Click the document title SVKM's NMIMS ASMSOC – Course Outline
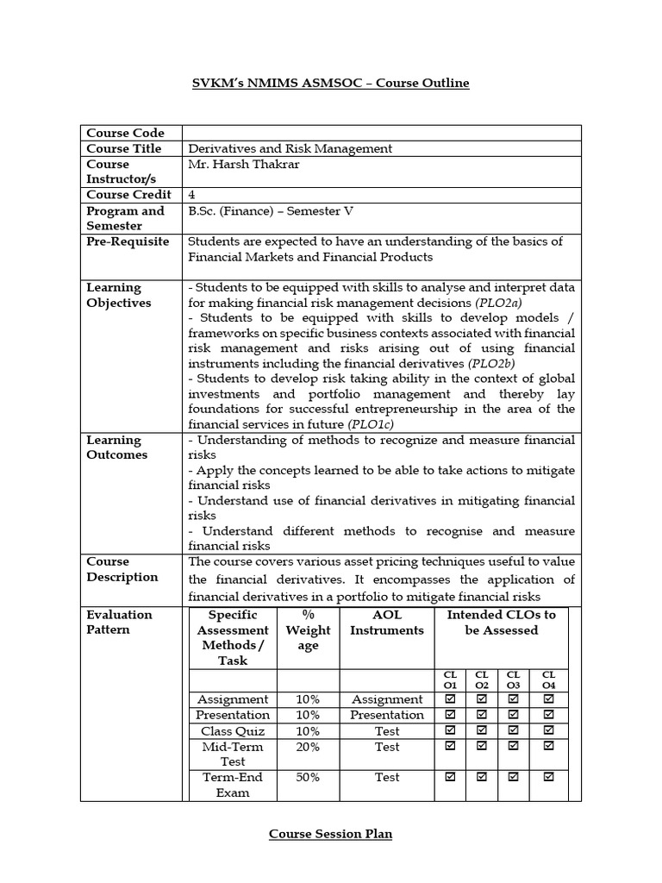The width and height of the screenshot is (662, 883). (330, 83)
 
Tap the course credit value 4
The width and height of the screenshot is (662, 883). (191, 195)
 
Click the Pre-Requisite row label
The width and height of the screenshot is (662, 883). (127, 241)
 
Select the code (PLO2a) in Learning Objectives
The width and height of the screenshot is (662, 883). (498, 304)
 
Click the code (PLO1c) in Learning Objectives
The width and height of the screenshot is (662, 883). (374, 424)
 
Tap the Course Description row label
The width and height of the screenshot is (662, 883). (122, 569)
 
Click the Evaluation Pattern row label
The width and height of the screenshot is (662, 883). (119, 622)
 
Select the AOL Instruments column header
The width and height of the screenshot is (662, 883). (387, 623)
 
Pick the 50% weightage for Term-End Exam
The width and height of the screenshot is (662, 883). (308, 777)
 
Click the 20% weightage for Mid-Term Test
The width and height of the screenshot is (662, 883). (308, 747)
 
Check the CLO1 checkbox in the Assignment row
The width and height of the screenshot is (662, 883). (450, 699)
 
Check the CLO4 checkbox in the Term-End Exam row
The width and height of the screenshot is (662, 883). (548, 777)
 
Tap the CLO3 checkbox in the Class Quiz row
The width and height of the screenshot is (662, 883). (513, 731)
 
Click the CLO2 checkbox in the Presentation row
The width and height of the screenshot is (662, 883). (482, 715)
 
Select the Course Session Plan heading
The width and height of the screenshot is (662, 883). (330, 834)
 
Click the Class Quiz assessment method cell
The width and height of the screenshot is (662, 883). (233, 731)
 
